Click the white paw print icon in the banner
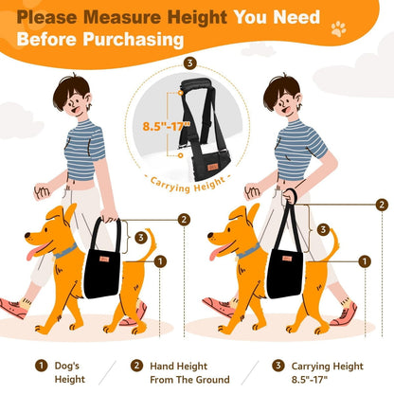click(x=338, y=29)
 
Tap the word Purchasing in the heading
click(x=134, y=40)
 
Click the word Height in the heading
click(x=197, y=17)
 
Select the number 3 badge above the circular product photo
click(x=189, y=63)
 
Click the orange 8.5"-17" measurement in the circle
click(x=167, y=126)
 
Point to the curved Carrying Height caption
click(x=188, y=185)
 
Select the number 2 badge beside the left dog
click(x=184, y=220)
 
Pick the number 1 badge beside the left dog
click(x=160, y=261)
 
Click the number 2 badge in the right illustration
click(x=382, y=205)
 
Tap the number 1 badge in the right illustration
click(x=365, y=261)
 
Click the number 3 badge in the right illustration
click(x=323, y=229)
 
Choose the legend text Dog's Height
click(x=70, y=372)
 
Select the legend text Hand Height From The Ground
click(x=189, y=373)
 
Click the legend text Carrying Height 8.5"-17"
click(x=327, y=373)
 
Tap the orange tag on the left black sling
click(x=104, y=259)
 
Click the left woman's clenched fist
click(x=43, y=190)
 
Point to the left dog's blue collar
click(x=65, y=251)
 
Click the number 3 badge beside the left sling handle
click(x=141, y=238)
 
